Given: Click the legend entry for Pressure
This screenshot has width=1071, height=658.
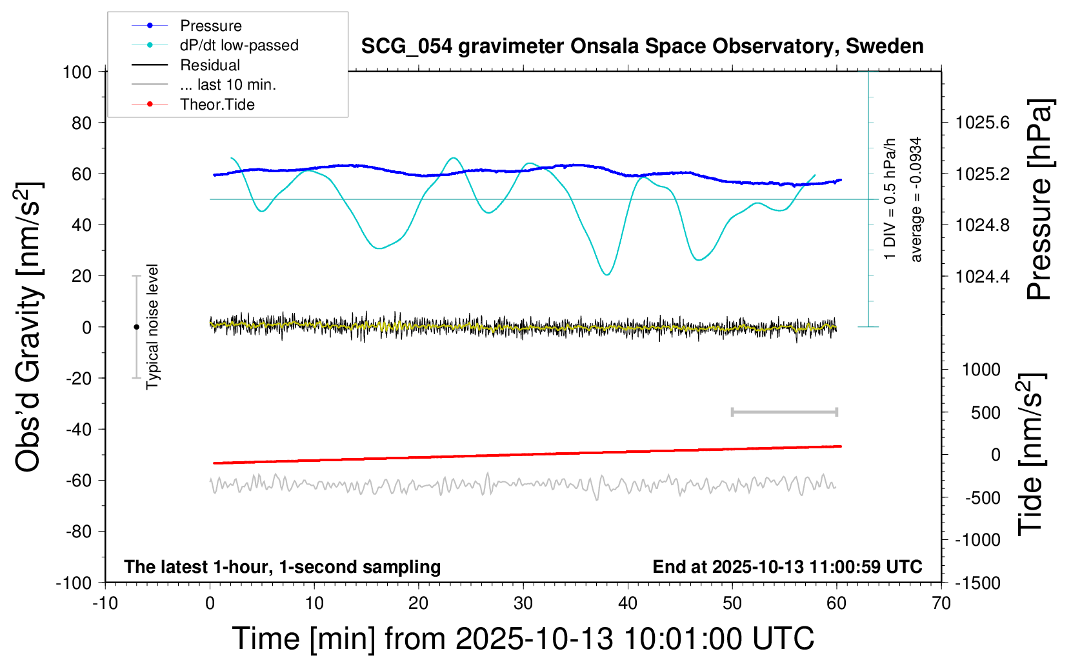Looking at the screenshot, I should click(210, 26).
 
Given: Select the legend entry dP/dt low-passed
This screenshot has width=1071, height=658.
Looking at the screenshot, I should click(239, 45).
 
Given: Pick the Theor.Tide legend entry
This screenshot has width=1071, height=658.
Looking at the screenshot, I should click(217, 105).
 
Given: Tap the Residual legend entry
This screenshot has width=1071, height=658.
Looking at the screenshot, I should click(210, 65).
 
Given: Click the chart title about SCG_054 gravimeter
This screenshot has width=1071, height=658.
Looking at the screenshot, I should click(642, 46).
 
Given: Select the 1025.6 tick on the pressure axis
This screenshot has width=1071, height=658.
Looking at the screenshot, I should click(983, 123).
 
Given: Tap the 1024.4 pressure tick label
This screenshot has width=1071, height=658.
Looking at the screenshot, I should click(983, 276).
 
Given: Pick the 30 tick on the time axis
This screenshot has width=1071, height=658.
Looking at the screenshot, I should click(523, 604).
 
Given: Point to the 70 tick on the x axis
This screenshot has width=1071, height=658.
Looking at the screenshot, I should click(941, 604).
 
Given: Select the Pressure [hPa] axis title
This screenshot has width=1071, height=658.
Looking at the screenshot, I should click(1039, 200).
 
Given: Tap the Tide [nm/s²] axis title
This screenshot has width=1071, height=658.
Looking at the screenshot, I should click(1031, 454).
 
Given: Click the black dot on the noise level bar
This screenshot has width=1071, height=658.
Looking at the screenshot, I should click(136, 327).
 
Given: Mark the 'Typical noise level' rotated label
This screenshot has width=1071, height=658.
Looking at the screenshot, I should click(152, 326).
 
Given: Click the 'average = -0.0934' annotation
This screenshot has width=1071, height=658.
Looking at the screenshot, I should click(916, 199).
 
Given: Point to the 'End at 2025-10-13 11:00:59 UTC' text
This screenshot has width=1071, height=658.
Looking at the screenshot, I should click(787, 567).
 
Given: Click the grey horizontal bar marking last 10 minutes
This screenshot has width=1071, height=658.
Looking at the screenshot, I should click(784, 412).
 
